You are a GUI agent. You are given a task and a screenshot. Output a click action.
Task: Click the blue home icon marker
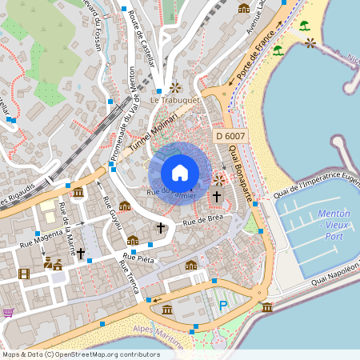180,172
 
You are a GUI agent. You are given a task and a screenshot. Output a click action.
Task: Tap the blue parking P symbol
223,305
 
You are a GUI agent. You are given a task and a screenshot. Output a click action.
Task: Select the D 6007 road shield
230,137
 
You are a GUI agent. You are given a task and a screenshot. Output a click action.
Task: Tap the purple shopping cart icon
8,313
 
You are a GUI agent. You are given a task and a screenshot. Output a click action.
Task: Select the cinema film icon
24,274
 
